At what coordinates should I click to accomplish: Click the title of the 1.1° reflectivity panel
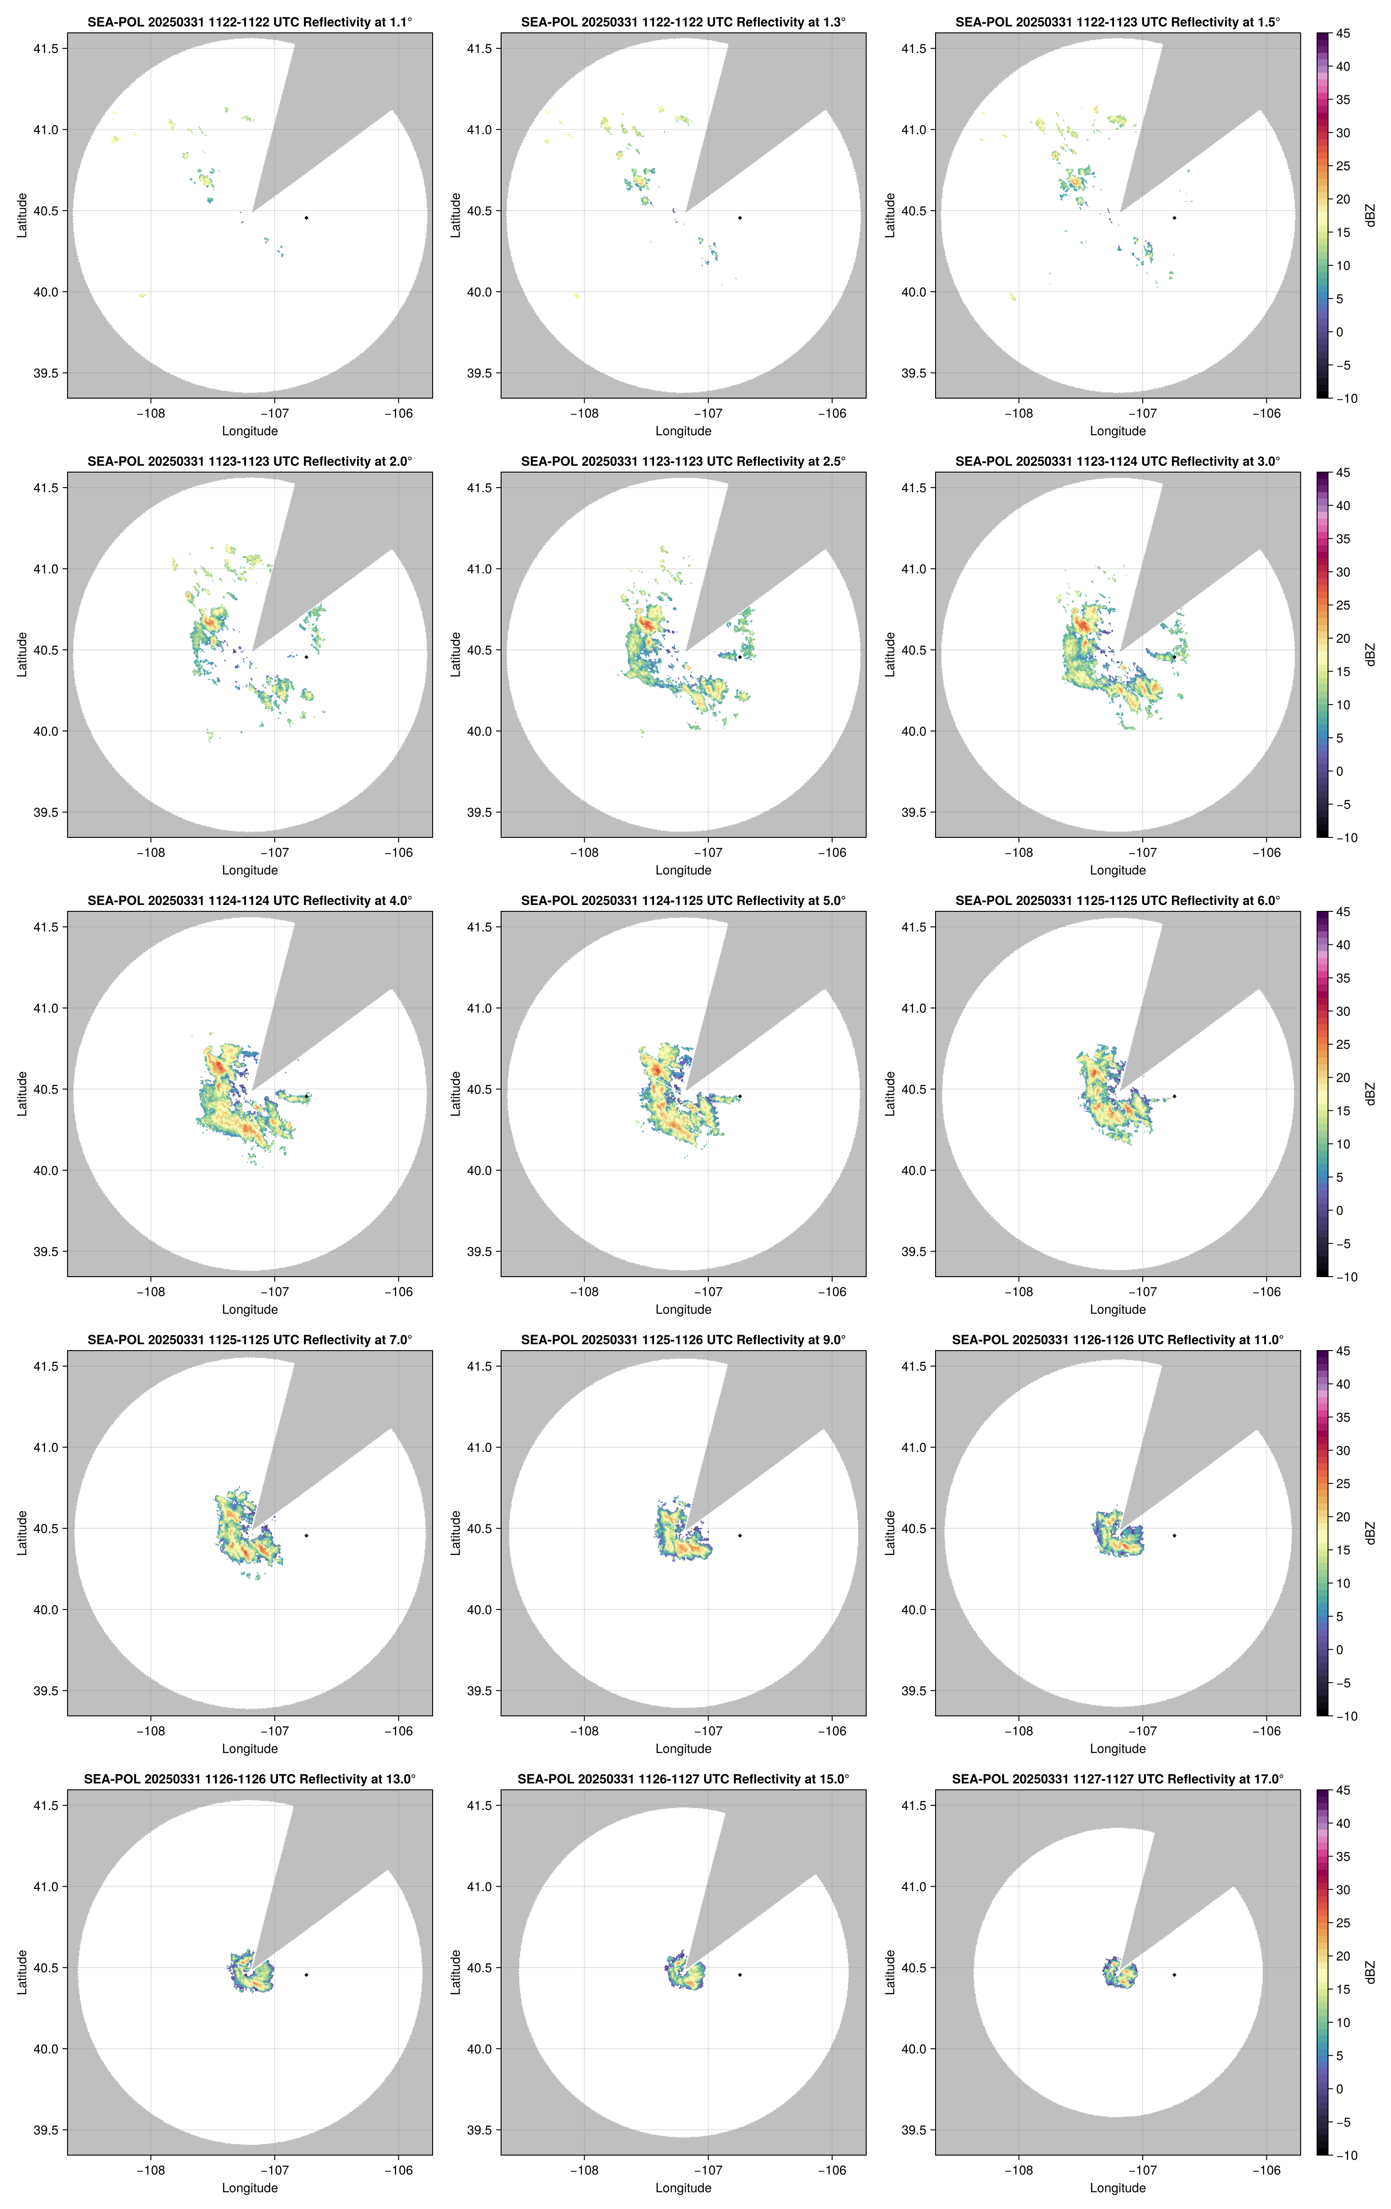tap(250, 22)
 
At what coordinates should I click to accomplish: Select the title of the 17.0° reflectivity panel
tap(1117, 1779)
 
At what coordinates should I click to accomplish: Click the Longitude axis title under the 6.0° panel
tap(1117, 1309)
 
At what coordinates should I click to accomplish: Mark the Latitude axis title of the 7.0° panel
tap(22, 1532)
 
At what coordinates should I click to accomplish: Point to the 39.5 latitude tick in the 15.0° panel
tap(480, 2130)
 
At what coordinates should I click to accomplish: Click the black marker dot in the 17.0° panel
tap(1174, 1974)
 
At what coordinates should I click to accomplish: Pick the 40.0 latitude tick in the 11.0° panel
tap(913, 1609)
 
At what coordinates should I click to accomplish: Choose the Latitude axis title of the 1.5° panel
tap(889, 215)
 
